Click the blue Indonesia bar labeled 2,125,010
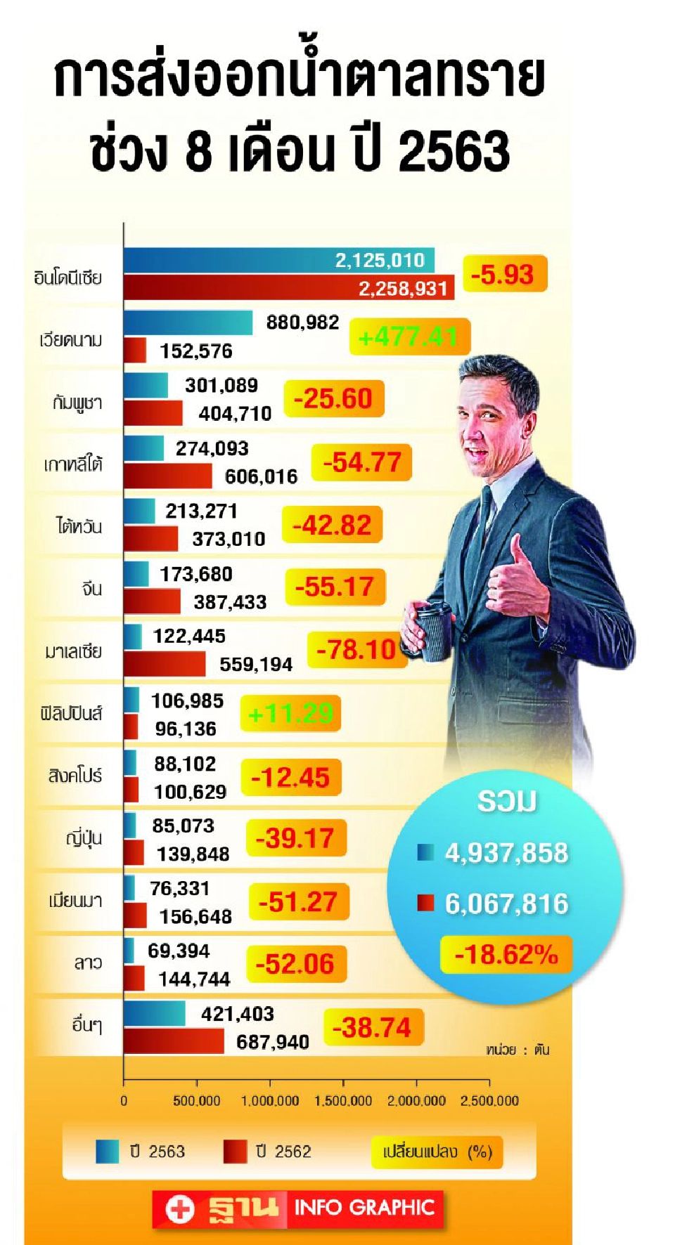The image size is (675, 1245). pos(278,260)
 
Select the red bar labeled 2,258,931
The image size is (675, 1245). pos(288,288)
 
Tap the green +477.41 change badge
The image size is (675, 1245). pos(409,337)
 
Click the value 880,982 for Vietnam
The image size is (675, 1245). pos(302,322)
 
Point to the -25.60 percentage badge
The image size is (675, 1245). pos(333,399)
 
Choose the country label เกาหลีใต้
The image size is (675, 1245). pos(73,464)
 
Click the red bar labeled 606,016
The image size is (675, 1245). pos(167,476)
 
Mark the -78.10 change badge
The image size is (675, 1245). pos(356,650)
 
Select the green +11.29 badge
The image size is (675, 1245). pos(290,714)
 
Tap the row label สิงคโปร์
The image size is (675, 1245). pos(75,776)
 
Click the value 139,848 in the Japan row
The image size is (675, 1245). pos(193,854)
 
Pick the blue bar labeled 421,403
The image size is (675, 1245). pos(154,1014)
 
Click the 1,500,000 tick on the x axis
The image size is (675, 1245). pos(343,1101)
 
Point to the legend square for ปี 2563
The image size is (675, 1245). pos(108,1152)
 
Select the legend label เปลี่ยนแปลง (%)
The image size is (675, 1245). pos(437,1152)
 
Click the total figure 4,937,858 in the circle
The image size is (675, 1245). pos(506,853)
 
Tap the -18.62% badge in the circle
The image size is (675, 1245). pos(506,955)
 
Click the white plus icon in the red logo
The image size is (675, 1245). pos(180,1208)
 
